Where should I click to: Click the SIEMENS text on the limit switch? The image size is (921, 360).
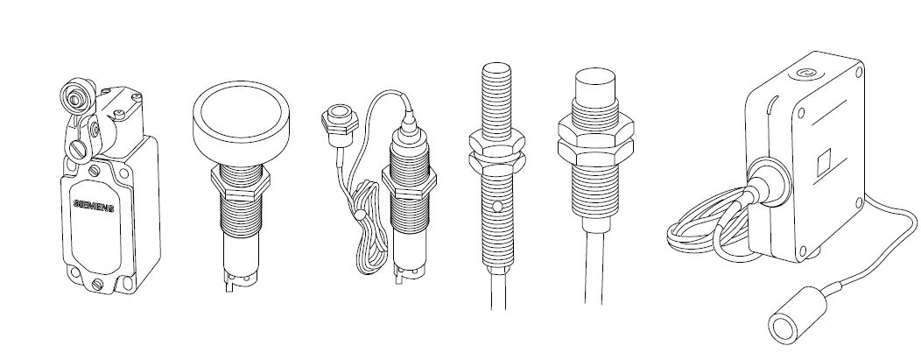(x=94, y=206)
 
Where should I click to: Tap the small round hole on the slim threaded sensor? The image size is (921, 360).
(x=498, y=206)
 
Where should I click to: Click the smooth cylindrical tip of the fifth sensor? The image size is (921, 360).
(x=595, y=85)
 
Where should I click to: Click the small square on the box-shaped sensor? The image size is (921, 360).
(x=825, y=163)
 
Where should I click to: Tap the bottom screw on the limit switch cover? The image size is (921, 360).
(x=97, y=285)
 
